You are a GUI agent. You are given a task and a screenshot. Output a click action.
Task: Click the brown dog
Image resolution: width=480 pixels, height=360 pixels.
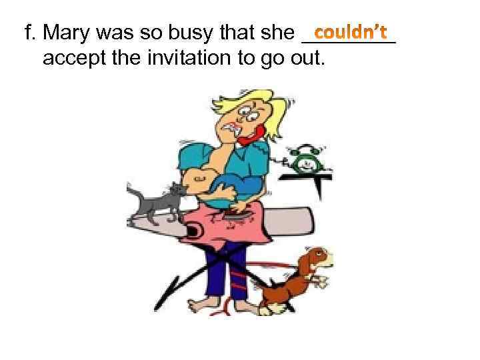click(x=293, y=277)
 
